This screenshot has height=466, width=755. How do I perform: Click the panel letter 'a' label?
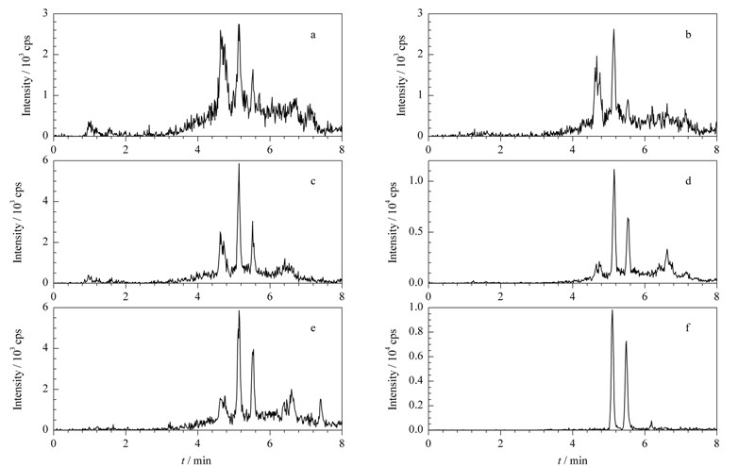[313, 35]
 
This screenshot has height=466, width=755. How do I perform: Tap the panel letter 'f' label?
[688, 328]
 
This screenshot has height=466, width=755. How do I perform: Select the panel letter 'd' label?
[688, 181]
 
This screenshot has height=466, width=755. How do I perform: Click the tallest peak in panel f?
[612, 310]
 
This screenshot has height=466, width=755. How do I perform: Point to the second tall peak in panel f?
[626, 341]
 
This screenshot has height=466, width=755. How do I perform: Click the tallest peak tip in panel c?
[239, 164]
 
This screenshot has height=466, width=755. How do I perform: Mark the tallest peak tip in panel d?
[614, 170]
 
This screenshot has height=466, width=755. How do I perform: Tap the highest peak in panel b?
[614, 29]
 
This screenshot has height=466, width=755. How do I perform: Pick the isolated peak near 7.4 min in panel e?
[320, 400]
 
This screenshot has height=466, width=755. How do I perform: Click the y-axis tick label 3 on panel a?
[45, 13]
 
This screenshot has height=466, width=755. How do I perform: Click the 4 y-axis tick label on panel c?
[45, 201]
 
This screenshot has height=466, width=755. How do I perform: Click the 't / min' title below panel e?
[196, 460]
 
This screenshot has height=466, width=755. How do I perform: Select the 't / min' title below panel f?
[573, 460]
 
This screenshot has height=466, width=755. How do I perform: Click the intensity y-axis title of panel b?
[401, 75]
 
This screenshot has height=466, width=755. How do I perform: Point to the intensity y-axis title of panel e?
[17, 369]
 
